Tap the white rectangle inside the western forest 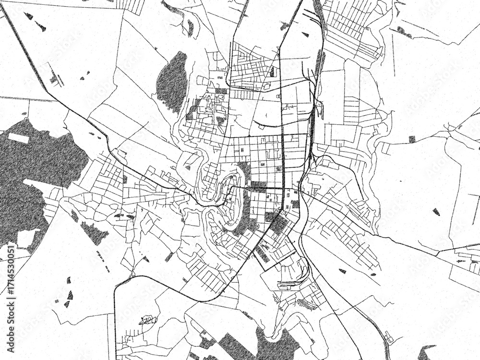(18, 138)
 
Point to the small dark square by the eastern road (412, 139)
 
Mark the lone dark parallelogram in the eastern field (436, 211)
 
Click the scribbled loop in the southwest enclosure (148, 320)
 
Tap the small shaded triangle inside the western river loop (188, 168)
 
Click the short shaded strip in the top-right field (404, 32)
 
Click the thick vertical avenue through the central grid (282, 158)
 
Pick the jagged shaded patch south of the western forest (94, 233)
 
